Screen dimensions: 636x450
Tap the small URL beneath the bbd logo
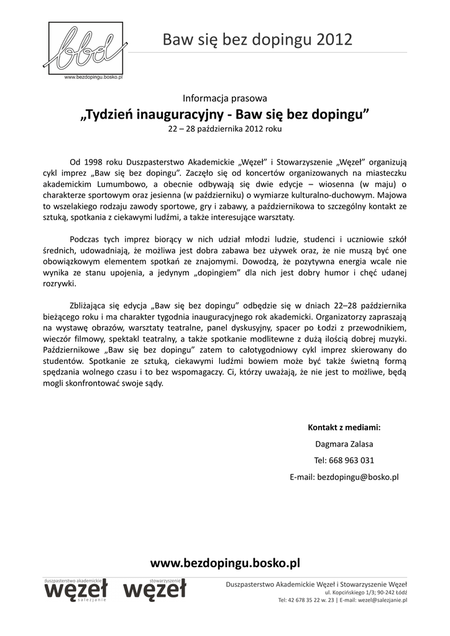point(94,78)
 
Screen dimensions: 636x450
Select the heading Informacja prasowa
point(224,98)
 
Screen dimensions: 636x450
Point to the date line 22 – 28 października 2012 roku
point(224,130)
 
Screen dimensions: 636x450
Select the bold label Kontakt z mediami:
point(344,427)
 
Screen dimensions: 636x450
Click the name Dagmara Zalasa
point(344,444)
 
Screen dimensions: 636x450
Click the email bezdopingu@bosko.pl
point(358,477)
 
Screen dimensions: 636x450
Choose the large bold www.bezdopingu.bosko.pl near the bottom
point(225,563)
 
